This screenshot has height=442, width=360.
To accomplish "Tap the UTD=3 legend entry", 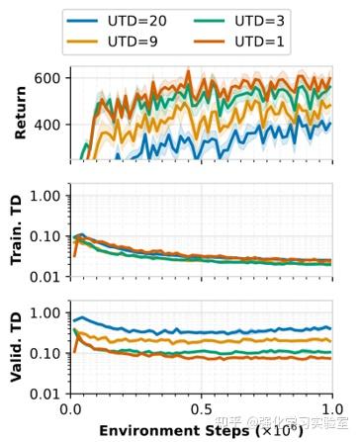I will [261, 21].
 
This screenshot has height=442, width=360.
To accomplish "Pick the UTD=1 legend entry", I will [261, 43].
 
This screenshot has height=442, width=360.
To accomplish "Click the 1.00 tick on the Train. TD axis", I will [45, 196].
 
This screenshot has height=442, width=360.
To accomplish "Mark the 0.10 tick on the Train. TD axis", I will [45, 236].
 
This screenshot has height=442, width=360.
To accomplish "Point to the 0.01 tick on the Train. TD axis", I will [45, 276].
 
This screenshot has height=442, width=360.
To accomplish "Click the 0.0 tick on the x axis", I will [70, 409].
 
